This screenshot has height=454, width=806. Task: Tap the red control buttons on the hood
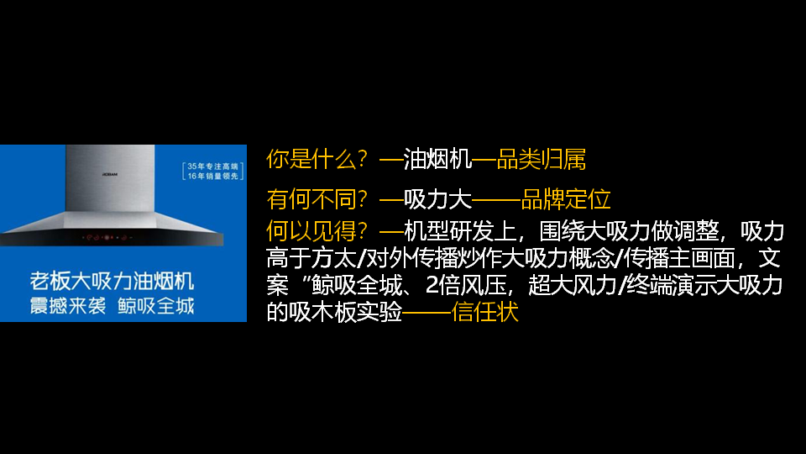105,238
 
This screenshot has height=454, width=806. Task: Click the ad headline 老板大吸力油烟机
111,281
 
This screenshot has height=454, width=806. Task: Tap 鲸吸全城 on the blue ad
155,305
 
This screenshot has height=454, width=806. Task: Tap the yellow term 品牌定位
566,200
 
